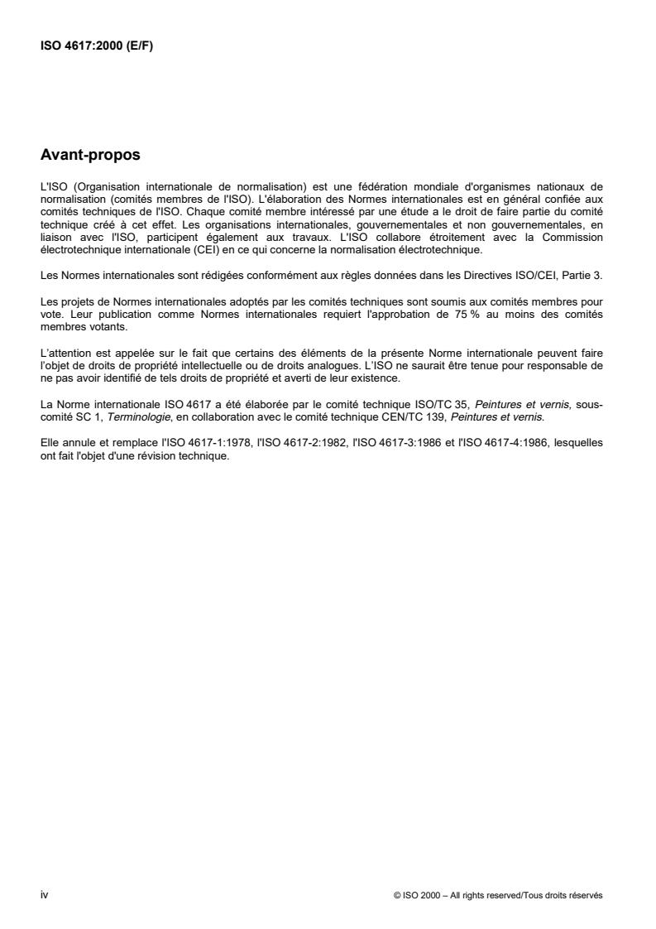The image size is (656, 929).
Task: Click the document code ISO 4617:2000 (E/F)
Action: coord(97,46)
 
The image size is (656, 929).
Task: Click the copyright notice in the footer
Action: coord(499,895)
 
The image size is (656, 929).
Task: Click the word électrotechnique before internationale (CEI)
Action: coord(79,248)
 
